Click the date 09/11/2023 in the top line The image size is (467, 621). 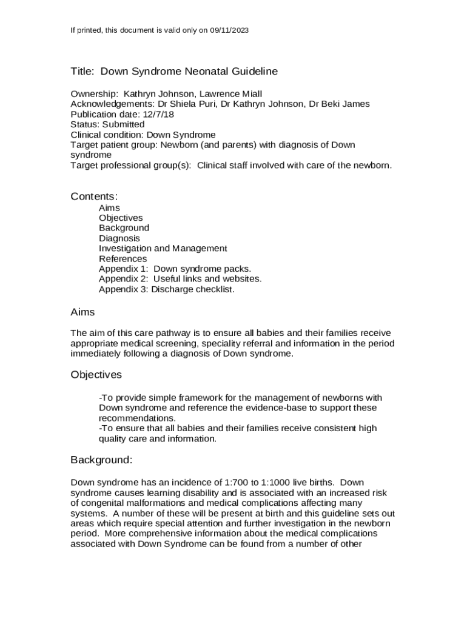coord(229,30)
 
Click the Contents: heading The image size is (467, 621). coord(94,196)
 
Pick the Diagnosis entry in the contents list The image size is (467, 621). coord(119,238)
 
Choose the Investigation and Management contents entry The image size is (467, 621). coord(163,249)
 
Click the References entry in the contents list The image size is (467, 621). coord(123,259)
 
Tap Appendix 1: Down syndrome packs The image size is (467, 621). coord(175,269)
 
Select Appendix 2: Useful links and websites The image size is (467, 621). coord(180,279)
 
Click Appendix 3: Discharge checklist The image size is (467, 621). coord(167,289)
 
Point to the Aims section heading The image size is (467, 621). coord(82,312)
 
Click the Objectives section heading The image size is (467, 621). coord(96,375)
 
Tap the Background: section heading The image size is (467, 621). coord(101,460)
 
